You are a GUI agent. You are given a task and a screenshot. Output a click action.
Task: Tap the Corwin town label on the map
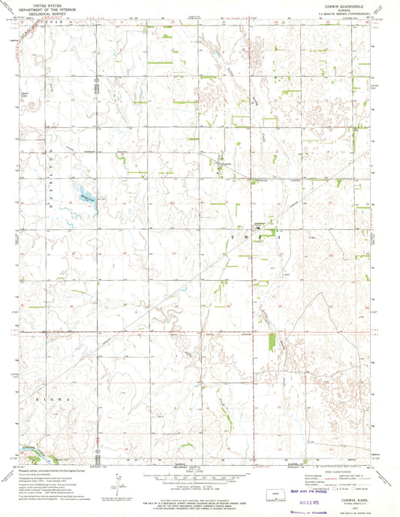coord(260,223)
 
